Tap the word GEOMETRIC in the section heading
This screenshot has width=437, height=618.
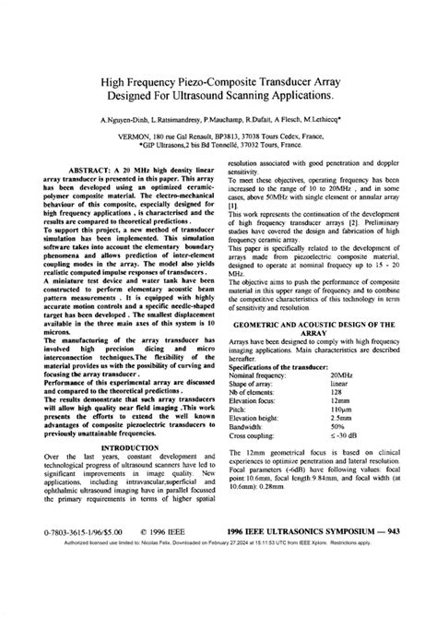[x=267, y=327]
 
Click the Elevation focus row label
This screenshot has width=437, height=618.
[x=254, y=400]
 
